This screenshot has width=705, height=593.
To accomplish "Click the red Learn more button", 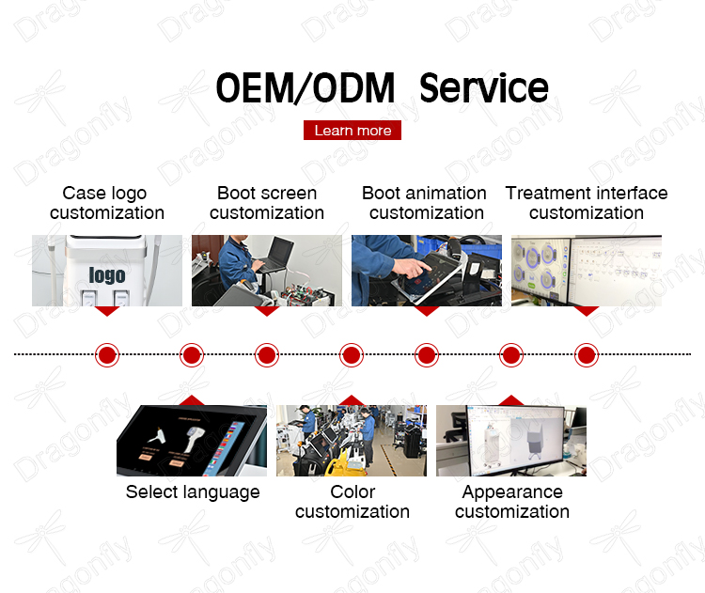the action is coord(352,130).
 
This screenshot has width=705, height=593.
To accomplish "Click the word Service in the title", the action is coord(484,87).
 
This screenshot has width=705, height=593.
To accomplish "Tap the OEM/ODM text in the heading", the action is coord(305,87).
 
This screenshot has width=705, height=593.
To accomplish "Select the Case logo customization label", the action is coord(107,203).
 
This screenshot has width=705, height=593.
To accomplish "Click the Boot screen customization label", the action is coord(267,203).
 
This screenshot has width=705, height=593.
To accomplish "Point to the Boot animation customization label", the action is coord(425,203).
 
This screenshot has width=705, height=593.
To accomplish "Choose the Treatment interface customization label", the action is coord(587,203).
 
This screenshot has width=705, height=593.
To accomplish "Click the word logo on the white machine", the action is coord(107,274).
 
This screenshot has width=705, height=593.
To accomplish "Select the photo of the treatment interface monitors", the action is coord(587,271).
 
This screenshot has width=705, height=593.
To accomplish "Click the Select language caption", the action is coord(193,492).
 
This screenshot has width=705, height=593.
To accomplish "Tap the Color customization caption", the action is coord(352,502).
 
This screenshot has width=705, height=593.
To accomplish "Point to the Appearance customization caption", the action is coord(512,502).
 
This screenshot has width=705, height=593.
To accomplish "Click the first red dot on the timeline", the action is coord(107,354).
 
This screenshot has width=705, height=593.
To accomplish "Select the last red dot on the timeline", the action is coord(587,354).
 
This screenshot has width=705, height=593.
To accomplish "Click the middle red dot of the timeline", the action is coord(352,354).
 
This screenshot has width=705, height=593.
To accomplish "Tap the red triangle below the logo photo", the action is coord(107,311).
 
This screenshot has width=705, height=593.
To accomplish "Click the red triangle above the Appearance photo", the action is coord(511,400).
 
